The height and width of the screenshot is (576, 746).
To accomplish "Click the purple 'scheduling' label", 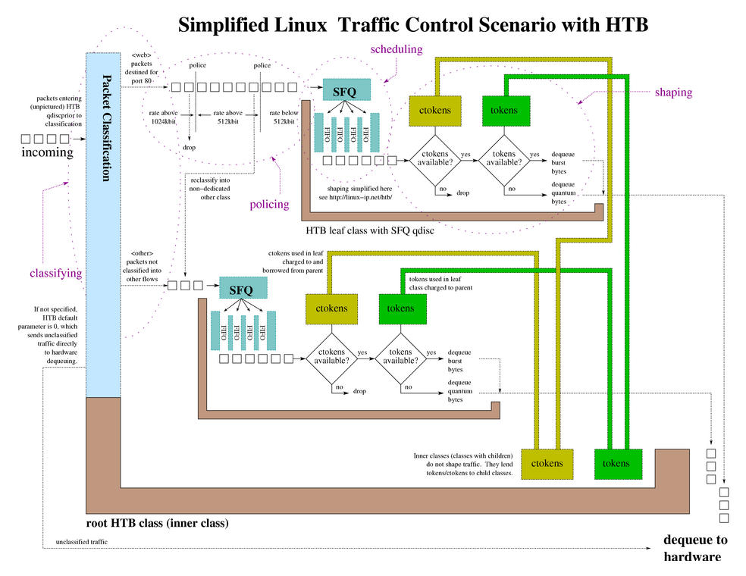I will point(397,49).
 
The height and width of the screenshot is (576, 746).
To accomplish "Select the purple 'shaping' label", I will point(673,92).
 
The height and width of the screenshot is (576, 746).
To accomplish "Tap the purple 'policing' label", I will point(269,204).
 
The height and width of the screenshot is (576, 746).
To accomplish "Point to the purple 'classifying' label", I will point(55,272).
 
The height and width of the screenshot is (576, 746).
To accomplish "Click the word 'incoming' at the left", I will point(47,152).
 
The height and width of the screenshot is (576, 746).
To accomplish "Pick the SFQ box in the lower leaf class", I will point(243,289).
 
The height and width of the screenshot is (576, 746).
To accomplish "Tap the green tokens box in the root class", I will point(620,463).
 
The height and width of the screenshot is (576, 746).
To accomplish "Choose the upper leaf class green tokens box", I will point(504,111).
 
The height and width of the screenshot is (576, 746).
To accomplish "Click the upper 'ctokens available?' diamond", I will point(434,158).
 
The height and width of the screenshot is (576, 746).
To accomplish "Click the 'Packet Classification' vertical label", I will point(104,129).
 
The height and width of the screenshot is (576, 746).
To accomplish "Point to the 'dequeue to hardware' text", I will point(694,548).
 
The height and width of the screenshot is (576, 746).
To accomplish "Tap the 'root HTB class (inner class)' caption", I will point(158,524).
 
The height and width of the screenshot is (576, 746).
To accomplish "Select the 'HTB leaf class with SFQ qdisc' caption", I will point(370,229).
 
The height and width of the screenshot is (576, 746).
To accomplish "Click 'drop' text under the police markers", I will point(189,148).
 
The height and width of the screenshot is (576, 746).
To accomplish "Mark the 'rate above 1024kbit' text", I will point(163,117).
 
